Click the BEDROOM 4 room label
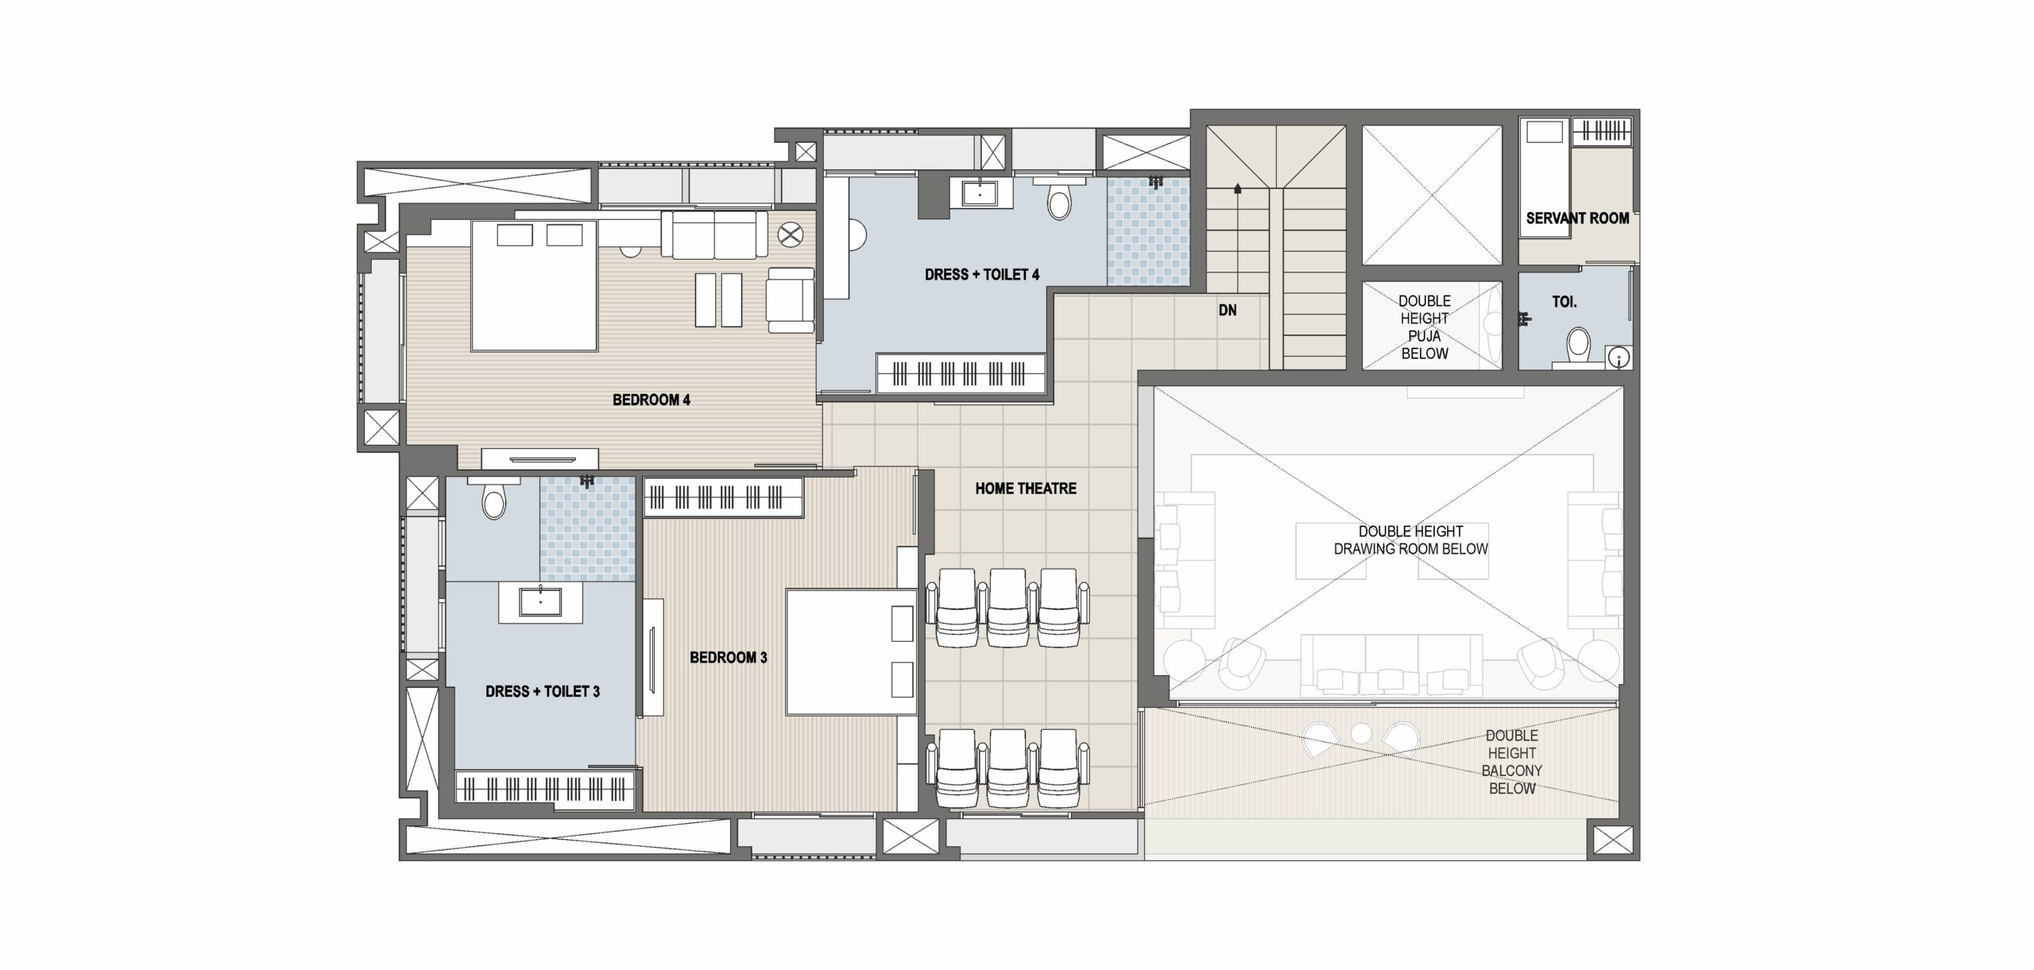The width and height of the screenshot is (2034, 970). click(x=651, y=400)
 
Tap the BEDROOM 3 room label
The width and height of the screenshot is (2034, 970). click(x=728, y=657)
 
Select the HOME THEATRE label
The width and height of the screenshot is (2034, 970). click(x=1026, y=489)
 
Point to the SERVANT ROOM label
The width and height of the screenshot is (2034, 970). click(x=1577, y=218)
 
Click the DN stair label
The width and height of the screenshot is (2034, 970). click(x=1228, y=310)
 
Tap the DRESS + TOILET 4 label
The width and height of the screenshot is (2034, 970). click(x=982, y=275)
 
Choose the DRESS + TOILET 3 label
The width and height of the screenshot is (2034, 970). click(x=543, y=691)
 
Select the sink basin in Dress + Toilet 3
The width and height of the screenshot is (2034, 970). click(x=541, y=601)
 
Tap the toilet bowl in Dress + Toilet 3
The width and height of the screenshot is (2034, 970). click(x=494, y=501)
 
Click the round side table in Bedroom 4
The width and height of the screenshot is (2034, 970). click(x=790, y=234)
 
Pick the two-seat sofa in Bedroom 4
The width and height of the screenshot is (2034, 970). click(x=714, y=234)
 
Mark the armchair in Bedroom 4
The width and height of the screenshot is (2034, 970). click(x=790, y=300)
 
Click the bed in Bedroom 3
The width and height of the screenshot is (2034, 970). click(x=852, y=651)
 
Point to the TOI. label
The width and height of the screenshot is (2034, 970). click(x=1564, y=302)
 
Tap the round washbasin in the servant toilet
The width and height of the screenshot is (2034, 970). click(x=1619, y=358)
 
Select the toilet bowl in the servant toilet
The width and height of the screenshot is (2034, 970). click(x=1579, y=346)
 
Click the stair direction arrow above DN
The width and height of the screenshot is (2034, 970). click(x=1238, y=189)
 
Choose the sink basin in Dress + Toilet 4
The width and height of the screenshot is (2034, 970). click(x=980, y=192)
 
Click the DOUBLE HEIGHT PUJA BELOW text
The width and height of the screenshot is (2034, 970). click(x=1425, y=327)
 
